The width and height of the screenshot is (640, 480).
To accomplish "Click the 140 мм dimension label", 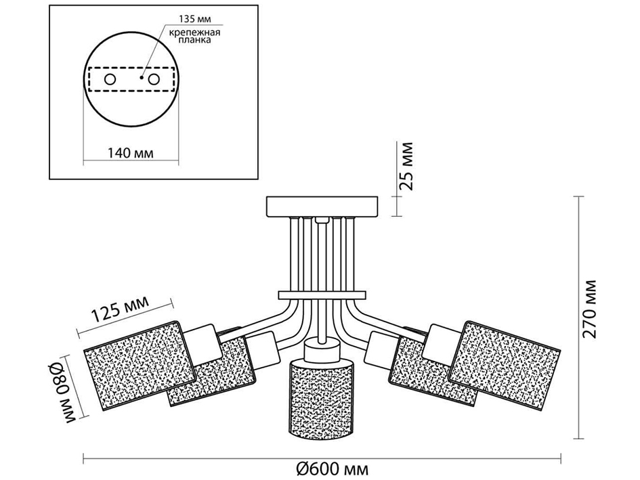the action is [131, 153].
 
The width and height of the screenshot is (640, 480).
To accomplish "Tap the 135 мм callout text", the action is [195, 19].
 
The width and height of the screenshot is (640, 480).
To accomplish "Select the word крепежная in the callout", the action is [195, 32].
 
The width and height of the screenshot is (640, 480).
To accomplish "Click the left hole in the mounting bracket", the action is [110, 79].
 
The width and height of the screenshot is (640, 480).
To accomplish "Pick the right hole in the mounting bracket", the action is [154, 79].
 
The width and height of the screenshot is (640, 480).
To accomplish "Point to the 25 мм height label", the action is [406, 166].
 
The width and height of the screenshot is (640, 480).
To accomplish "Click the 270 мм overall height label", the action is [589, 309].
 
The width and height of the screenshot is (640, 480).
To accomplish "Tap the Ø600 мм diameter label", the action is [329, 468].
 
